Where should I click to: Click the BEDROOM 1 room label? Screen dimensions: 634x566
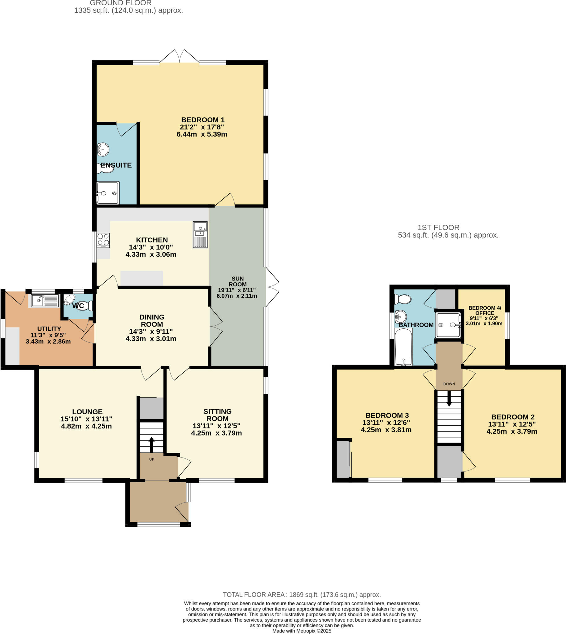pos(202,120)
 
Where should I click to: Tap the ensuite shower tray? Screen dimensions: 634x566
pos(108,193)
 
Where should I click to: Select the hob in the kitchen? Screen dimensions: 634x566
pos(103,240)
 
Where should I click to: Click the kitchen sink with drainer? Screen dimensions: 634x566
pos(200,234)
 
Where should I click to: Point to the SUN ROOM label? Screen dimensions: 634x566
pos(237,281)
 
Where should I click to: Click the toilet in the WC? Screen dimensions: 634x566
pos(86,305)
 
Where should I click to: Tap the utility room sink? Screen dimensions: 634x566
pos(45,300)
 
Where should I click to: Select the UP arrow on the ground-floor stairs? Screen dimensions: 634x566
pos(151,444)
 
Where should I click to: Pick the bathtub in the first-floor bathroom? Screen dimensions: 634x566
pos(403,347)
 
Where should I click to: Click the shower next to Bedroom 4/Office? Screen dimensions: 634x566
pos(448,325)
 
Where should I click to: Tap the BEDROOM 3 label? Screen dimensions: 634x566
pos(387,415)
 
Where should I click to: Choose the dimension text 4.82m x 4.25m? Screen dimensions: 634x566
pos(86,426)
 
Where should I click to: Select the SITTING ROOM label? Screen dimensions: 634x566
pos(217,415)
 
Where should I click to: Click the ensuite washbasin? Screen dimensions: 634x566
pos(103,150)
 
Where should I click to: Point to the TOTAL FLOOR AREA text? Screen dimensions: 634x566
pos(302,594)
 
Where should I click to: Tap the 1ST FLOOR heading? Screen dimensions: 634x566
pos(438,227)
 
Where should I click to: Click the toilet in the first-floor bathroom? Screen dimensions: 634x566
pos(403,299)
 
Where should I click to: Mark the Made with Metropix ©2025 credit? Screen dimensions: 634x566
pos(302,631)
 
